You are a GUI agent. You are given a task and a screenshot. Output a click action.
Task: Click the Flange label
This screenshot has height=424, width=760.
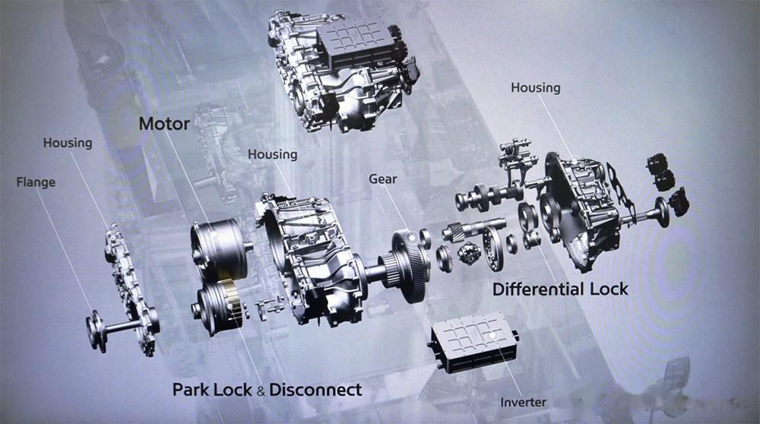point(36,182)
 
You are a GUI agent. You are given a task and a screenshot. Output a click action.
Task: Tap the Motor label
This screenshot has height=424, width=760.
point(163,124)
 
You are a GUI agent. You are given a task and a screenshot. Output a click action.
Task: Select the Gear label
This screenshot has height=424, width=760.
point(383,179)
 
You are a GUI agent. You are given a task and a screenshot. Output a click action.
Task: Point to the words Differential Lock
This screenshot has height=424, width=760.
point(561,289)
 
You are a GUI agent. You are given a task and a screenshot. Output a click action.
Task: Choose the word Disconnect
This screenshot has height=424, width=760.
point(315,390)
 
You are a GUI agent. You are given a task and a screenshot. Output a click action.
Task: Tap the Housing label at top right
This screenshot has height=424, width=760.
point(535,87)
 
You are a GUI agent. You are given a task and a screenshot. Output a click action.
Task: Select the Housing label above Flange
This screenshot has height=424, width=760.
point(67,142)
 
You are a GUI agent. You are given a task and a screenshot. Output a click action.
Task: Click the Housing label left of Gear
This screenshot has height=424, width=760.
point(272,154)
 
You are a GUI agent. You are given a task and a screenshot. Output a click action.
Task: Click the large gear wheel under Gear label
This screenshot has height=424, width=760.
point(410,266)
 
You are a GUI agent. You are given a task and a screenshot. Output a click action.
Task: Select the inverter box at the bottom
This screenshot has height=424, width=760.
point(473,346)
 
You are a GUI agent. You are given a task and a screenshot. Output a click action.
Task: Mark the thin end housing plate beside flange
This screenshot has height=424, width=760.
point(129,281)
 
